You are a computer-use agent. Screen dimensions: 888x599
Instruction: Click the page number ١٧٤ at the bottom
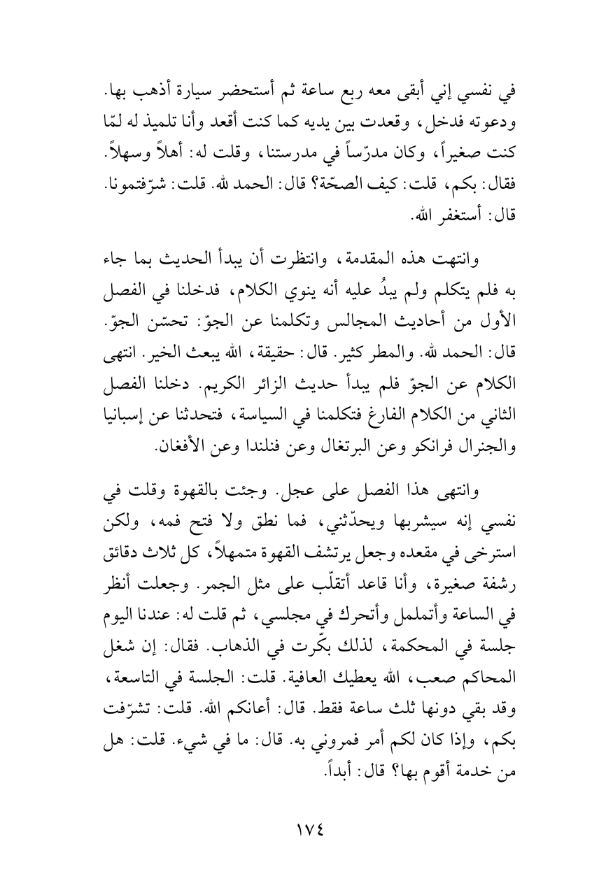click(299, 829)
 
